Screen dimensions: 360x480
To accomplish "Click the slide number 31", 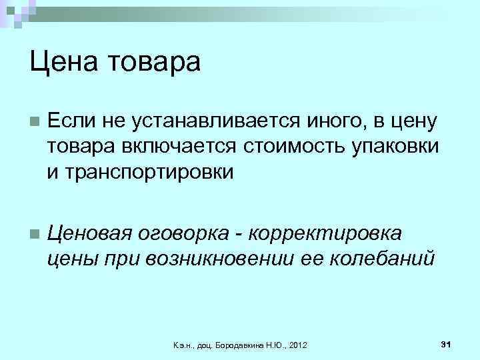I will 447,343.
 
